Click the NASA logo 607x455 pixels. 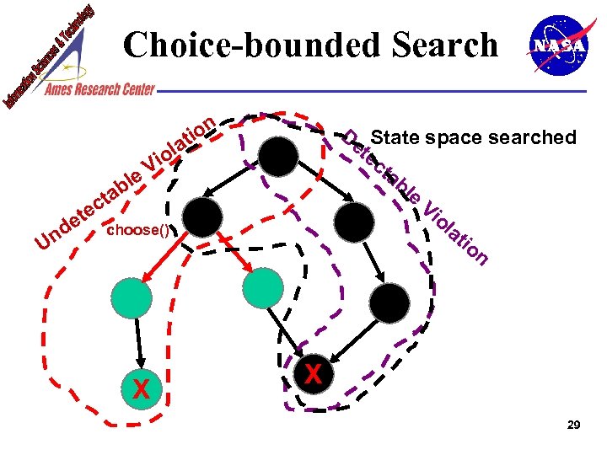click(556, 46)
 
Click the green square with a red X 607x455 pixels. click(141, 388)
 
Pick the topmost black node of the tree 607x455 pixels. click(278, 156)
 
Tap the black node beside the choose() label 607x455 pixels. click(203, 218)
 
